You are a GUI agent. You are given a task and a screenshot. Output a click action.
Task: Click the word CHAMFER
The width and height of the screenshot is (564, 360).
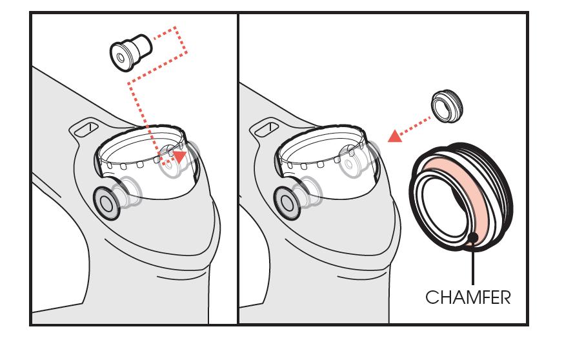468,297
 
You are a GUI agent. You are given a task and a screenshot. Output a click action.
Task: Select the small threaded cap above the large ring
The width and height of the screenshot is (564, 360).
447,106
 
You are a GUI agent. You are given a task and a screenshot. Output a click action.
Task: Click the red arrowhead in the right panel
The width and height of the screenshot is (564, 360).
395,136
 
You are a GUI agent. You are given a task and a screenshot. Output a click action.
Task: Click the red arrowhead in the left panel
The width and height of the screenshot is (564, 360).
179,156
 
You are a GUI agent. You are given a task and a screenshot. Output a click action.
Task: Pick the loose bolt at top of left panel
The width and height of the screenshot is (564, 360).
130,52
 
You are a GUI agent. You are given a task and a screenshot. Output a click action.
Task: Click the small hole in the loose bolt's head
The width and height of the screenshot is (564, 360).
121,58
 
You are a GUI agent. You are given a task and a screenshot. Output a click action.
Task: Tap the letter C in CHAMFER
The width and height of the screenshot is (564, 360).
432,297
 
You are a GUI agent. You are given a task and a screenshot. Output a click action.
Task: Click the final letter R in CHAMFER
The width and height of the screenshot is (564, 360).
505,297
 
